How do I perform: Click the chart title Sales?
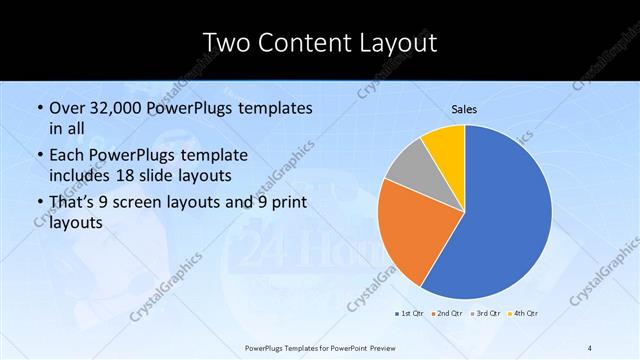click(x=464, y=108)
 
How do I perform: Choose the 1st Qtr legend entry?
click(x=410, y=315)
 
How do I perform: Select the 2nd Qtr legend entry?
click(x=446, y=315)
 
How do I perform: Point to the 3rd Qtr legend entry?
click(x=485, y=315)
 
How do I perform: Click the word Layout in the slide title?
click(x=393, y=43)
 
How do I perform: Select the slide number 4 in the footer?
click(x=590, y=347)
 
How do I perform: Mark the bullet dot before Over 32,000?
click(x=39, y=108)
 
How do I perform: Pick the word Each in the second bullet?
click(x=67, y=155)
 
